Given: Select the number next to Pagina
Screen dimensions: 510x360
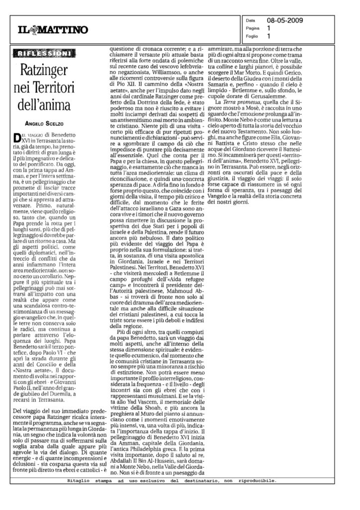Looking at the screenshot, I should pos(269,29).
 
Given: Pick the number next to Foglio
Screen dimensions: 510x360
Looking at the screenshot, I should pos(269,36).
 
